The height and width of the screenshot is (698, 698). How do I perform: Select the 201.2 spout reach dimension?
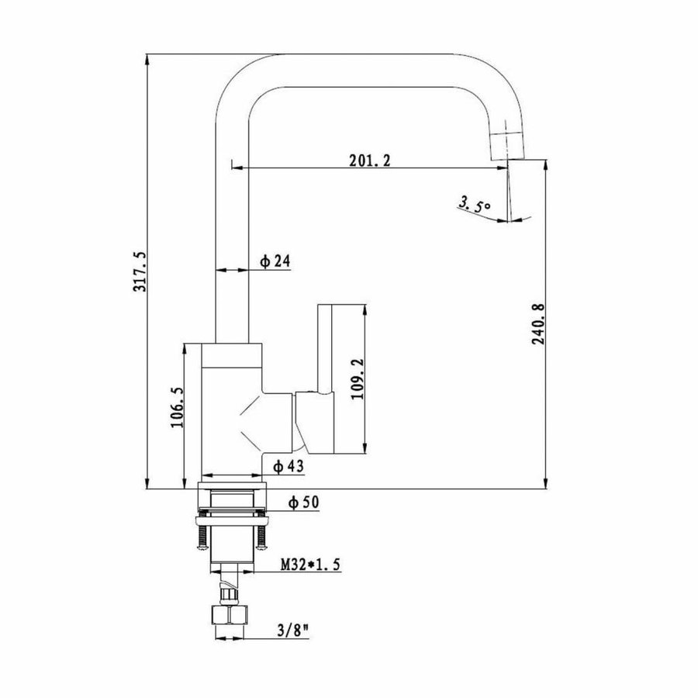click(370, 161)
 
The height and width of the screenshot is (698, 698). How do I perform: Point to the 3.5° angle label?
click(474, 205)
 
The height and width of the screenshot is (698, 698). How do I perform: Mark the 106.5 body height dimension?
click(177, 408)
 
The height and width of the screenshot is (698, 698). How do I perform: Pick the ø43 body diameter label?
click(288, 465)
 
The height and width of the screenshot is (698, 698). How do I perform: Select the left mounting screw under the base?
click(202, 536)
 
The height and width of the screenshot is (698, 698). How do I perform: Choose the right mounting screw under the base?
click(264, 536)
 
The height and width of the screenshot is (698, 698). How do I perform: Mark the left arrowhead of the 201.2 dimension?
click(237, 167)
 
